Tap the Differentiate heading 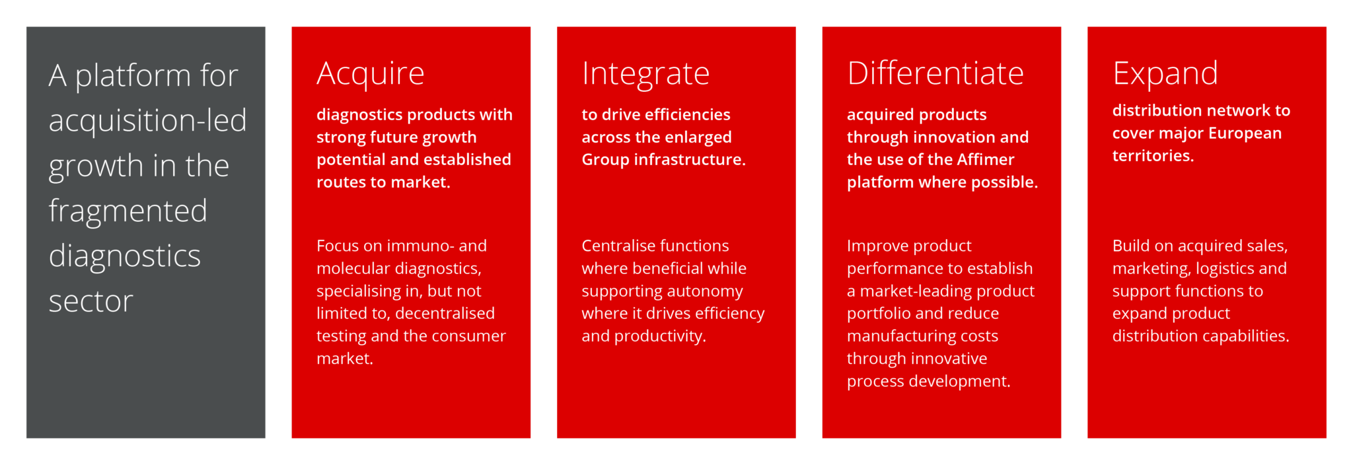(x=935, y=73)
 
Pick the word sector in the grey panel (x=91, y=302)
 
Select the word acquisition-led (x=147, y=122)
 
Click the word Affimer (x=986, y=159)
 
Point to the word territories (x=1152, y=156)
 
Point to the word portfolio (x=878, y=313)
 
